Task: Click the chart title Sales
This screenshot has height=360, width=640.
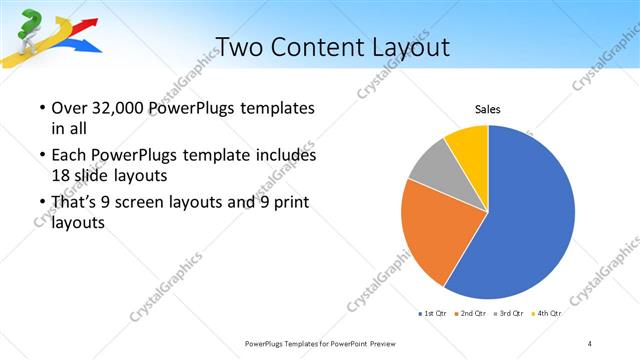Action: tap(487, 110)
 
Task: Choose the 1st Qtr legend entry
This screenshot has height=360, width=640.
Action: tap(433, 313)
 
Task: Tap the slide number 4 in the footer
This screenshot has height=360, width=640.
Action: tap(590, 343)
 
